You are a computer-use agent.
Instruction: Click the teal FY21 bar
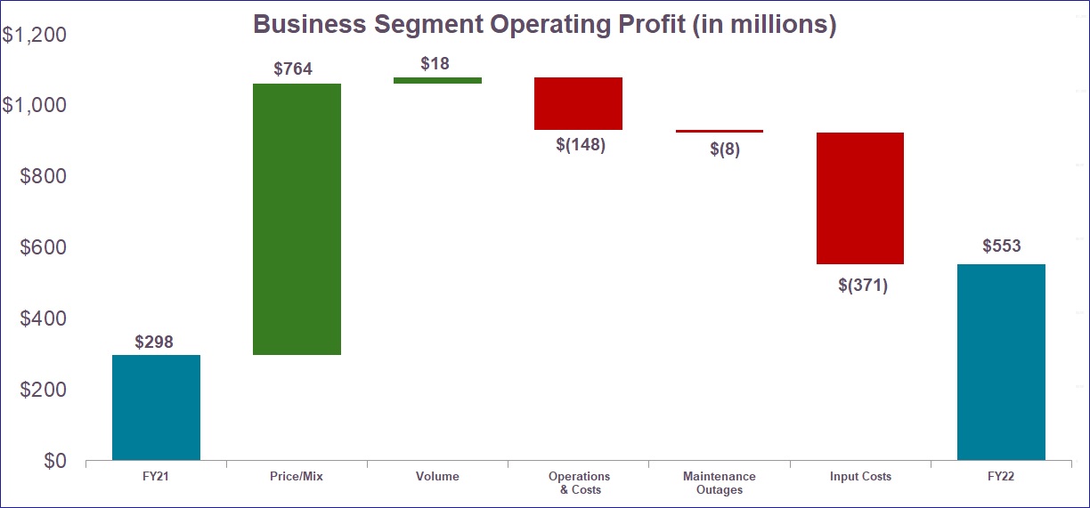coord(156,407)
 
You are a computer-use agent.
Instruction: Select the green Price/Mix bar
coord(297,219)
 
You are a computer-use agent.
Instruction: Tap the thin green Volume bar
coord(437,80)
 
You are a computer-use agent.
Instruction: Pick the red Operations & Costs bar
coord(578,103)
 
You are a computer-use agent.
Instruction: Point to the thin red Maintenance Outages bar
coord(719,131)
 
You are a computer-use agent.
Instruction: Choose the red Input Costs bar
coord(860,198)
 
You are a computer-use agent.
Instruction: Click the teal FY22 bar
coord(1001,362)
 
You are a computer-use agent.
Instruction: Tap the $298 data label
coord(154,342)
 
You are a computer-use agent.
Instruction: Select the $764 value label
coord(293,69)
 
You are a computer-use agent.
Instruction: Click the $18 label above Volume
coord(435,64)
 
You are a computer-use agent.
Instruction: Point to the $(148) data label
coord(580,145)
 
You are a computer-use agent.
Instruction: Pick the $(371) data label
coord(863,286)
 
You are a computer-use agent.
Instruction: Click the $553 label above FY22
coord(1002,246)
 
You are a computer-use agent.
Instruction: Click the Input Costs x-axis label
coord(860,477)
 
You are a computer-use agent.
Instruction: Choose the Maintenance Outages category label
coord(719,483)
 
